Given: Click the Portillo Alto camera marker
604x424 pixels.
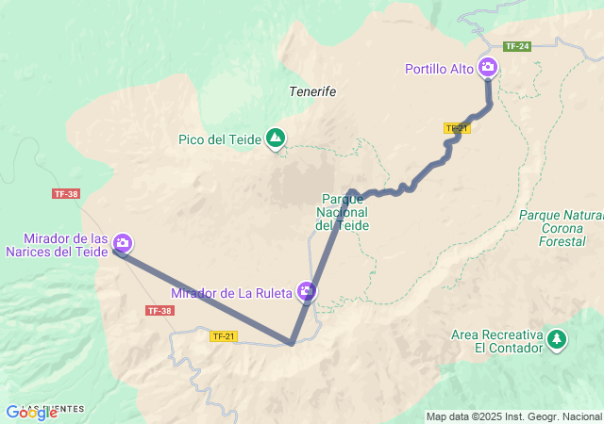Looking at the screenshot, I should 488,67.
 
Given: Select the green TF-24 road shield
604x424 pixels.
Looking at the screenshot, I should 515,46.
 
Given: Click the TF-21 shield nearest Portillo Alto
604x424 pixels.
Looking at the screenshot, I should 457,128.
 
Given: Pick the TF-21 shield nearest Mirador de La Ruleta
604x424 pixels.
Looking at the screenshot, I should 224,336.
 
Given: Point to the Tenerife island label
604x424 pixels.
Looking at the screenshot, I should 312,92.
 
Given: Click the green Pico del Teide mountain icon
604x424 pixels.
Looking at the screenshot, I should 275,139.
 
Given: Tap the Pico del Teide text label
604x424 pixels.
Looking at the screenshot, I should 220,140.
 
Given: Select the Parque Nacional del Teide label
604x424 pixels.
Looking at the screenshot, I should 343,212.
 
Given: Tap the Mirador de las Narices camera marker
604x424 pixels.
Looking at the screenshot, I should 123,244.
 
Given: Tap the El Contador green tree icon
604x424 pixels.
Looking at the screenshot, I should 558,338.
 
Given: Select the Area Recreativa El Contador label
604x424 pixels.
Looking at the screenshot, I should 497,341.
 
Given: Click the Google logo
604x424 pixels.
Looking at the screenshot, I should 32,413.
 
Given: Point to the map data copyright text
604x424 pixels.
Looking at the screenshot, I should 512,416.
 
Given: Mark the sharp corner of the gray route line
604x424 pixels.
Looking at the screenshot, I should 292,344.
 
